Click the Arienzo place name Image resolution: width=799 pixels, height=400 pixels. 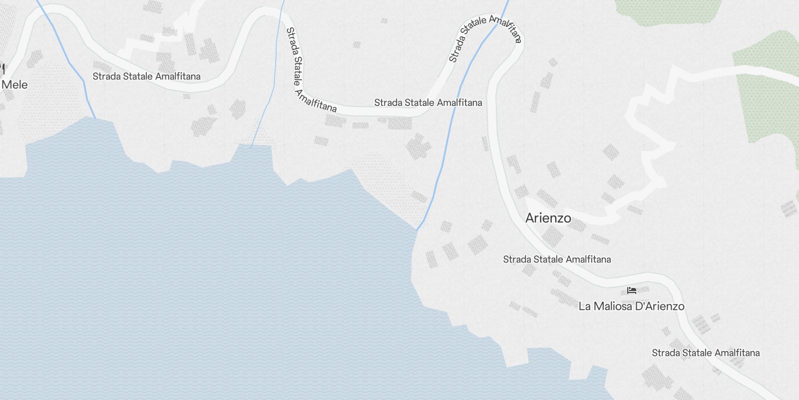coord(548,218)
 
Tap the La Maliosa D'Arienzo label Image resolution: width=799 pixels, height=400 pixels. coord(631,306)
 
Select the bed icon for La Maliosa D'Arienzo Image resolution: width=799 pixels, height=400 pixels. coord(632,290)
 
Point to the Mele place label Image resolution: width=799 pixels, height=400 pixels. coord(14,84)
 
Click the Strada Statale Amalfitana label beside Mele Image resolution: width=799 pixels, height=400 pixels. coord(146,76)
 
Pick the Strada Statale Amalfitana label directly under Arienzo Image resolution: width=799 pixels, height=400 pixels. coord(557,259)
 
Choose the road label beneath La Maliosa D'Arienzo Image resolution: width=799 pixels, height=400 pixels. coord(706,352)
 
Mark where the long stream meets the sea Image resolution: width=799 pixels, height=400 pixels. coord(417,228)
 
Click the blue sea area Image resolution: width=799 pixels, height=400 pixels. coord(200,275)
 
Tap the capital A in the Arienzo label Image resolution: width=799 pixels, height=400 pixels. coord(530,218)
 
